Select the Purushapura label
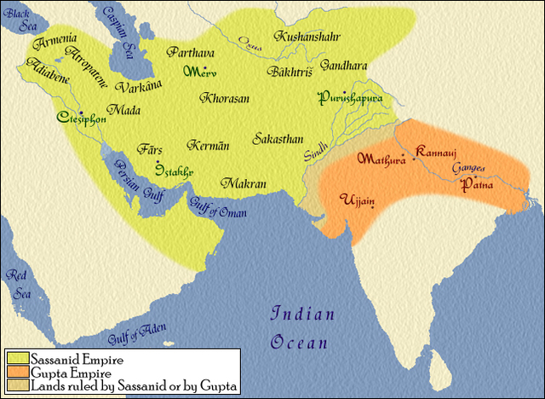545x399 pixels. pos(347,98)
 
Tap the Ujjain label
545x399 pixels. pos(356,199)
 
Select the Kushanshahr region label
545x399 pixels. pos(307,37)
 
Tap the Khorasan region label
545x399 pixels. pos(225,98)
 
